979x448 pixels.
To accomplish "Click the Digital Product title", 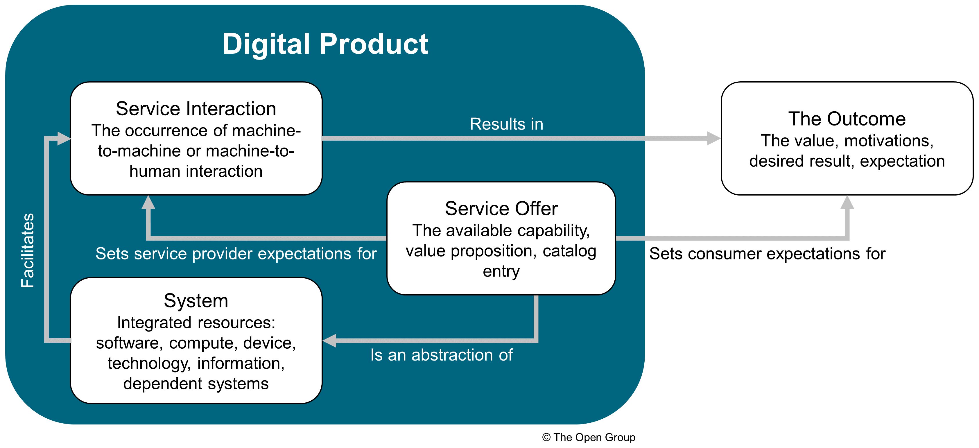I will coord(325,44).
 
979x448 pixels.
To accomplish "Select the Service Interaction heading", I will coord(196,109).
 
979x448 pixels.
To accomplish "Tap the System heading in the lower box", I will coord(196,301).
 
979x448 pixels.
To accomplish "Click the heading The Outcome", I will coord(847,119).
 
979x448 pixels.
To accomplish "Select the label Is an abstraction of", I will coord(441,355).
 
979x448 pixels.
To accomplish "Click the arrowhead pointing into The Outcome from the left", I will coord(713,138).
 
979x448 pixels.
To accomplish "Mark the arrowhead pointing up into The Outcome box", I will coord(847,203).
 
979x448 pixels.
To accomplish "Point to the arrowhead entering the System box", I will coord(329,341).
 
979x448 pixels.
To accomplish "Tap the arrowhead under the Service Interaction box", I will coord(148,203).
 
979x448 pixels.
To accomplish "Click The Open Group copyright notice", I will coord(588,437).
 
